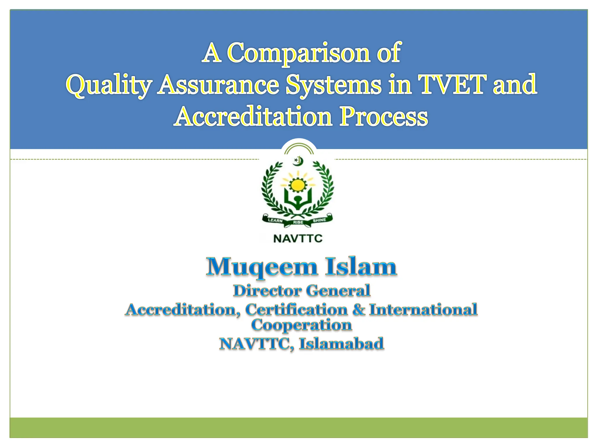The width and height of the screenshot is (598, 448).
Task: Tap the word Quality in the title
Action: pos(108,85)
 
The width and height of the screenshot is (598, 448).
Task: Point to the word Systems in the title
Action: pos(333,85)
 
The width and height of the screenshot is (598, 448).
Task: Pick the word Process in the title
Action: pos(383,117)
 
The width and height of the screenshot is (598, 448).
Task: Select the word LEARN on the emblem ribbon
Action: pos(275,220)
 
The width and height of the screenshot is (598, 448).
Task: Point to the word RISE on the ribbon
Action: pos(298,223)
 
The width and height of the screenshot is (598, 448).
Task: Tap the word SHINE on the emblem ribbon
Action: pos(319,220)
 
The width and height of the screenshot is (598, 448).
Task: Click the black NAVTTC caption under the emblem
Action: pos(298,239)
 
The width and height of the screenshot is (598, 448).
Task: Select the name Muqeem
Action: pos(262,267)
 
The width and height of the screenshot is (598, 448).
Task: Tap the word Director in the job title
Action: pos(267,291)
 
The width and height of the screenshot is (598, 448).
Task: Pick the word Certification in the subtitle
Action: pos(296,309)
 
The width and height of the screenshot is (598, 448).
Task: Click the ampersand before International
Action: pos(359,309)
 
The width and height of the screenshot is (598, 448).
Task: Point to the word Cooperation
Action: pos(301,325)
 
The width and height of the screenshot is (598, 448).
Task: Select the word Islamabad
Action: pos(341,344)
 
